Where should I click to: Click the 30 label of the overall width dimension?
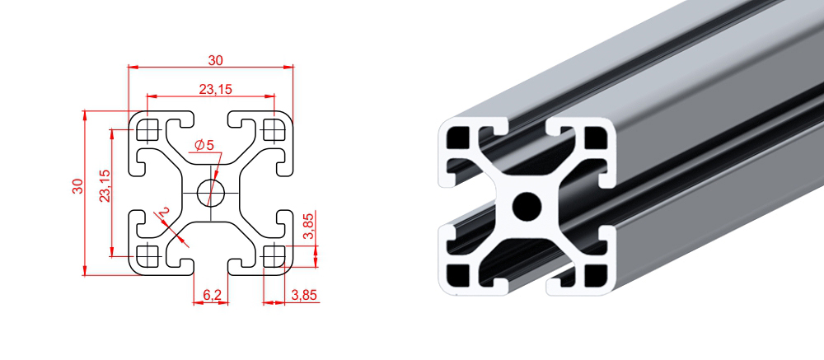(x=215, y=60)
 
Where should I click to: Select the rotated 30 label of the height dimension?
(x=77, y=186)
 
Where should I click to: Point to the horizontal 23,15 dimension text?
(x=215, y=89)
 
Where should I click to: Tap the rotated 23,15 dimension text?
(x=105, y=185)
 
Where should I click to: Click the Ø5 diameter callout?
(x=204, y=145)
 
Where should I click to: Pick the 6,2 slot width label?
(x=211, y=296)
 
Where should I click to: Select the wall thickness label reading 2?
(x=164, y=212)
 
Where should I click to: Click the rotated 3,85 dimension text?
(x=310, y=226)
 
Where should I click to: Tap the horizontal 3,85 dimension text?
(x=303, y=295)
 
